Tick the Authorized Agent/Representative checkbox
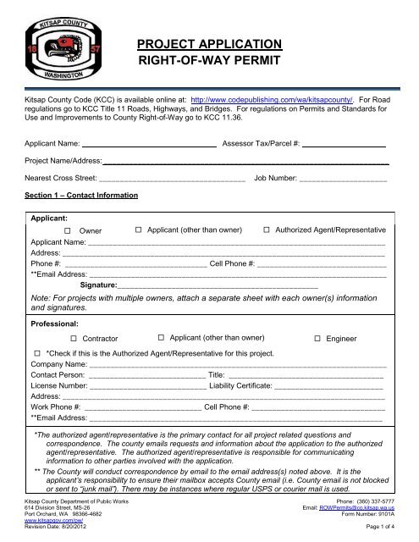[267, 230]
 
